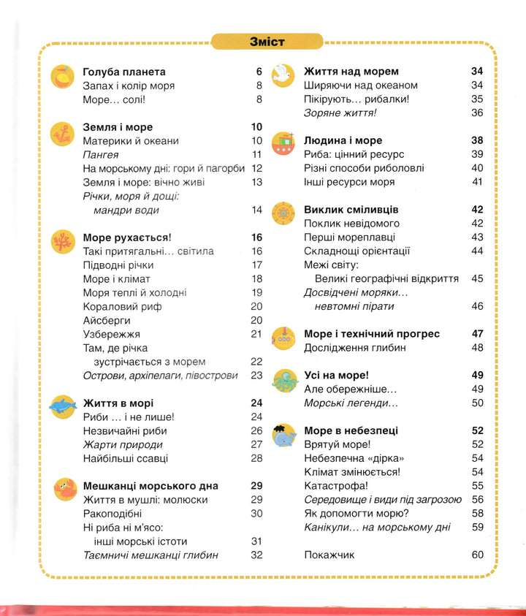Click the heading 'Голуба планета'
[124, 72]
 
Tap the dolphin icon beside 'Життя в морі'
[61, 406]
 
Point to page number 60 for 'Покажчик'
[478, 555]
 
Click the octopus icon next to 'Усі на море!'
[282, 377]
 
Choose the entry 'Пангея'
[101, 154]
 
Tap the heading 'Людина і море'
[343, 140]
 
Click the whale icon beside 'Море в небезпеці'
[282, 436]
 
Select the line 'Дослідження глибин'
[354, 348]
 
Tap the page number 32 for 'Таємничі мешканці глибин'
[256, 555]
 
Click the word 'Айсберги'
[106, 320]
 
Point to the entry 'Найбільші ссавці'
[126, 458]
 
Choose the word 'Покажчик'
[329, 555]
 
